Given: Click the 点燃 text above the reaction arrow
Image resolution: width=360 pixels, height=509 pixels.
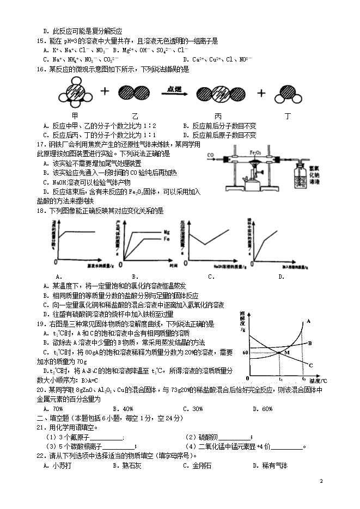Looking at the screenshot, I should (x=174, y=88).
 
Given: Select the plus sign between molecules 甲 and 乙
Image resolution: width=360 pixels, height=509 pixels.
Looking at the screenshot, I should (x=105, y=93).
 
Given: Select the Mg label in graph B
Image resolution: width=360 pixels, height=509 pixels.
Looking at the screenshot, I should (x=167, y=232).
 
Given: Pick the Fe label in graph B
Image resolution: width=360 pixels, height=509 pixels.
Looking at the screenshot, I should (x=167, y=238).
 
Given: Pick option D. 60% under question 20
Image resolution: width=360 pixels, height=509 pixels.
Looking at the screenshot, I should (x=263, y=408).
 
